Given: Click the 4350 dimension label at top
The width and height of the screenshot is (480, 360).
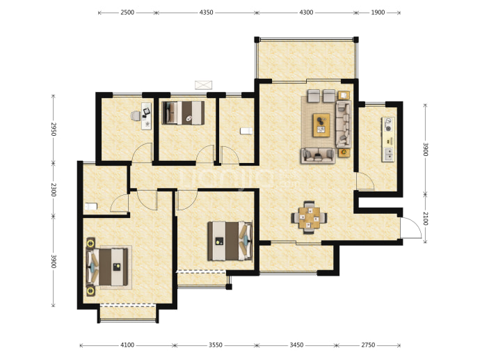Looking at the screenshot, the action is point(206,13).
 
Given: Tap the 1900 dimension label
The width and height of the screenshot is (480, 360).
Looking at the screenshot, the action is point(378,13).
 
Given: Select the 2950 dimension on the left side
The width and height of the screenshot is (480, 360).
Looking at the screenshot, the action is point(54,129).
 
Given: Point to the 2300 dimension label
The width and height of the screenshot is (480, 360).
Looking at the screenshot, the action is point(54,189).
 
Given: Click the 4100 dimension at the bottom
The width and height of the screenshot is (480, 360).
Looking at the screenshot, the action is point(127,345).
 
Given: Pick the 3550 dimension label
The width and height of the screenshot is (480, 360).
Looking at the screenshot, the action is point(216,345).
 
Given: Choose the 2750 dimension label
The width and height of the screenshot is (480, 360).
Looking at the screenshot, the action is point(368,345).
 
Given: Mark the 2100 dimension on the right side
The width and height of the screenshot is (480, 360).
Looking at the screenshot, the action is point(426,219).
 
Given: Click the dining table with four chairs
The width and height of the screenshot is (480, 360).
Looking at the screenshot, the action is point(309,217).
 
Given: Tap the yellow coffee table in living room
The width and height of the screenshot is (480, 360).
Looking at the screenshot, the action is point(321,125).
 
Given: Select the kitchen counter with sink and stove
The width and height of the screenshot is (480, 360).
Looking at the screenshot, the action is point(388,139).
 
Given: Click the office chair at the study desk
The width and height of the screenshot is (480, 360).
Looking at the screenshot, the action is point(136,116).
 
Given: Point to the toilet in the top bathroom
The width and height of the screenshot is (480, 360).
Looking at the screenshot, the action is point(246,131).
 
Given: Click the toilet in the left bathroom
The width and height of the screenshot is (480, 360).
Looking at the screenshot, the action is point(91,206).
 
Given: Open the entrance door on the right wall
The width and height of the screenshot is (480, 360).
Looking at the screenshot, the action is point(411,227).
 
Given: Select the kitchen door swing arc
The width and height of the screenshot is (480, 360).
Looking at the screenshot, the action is point(365,181).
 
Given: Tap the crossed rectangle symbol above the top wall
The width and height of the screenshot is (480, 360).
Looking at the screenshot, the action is point(204,85).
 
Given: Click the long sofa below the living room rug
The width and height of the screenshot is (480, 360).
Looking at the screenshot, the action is point(318,155).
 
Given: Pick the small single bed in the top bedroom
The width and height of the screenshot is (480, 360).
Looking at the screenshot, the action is point(183,113).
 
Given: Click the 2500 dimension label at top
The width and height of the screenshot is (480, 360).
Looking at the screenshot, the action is point(127,13).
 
